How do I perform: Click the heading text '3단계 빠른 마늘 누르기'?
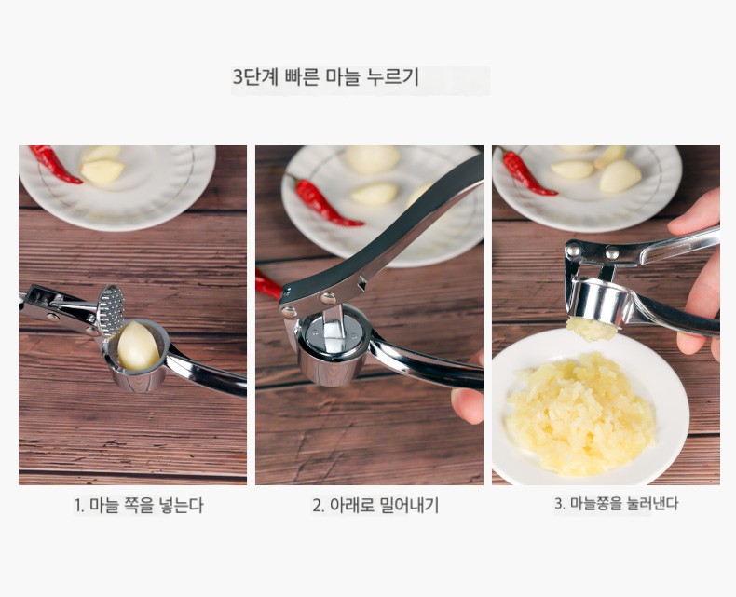pos(326,77)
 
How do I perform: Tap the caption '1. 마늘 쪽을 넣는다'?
pos(139,506)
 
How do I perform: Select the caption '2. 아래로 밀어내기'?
pos(375,506)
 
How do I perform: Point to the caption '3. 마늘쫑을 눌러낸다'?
pos(617,504)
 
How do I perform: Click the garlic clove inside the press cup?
pos(138,346)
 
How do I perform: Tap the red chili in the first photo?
pos(54,163)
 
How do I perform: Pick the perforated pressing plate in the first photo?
pos(111,310)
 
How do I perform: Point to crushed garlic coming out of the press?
pos(592,329)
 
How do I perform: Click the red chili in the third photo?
pos(526,172)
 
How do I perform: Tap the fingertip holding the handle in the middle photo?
pos(467,405)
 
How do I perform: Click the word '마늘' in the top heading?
pos(347,77)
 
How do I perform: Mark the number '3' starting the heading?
pos(238,77)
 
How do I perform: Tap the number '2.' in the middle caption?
pos(319,506)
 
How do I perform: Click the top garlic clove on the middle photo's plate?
pos(373,159)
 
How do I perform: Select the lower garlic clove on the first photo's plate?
pos(102,170)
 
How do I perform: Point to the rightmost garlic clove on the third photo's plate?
pos(620,176)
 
